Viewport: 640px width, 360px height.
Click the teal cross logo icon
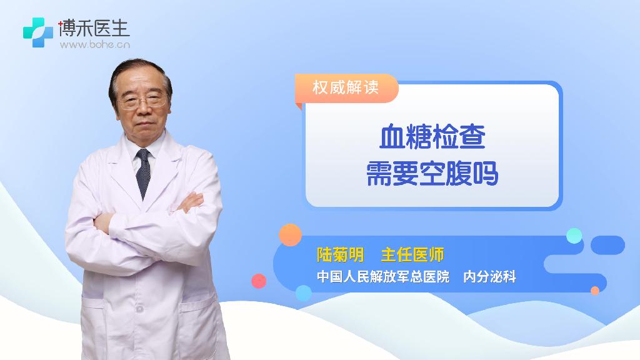tap(38, 32)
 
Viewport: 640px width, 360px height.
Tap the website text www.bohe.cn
tap(95, 44)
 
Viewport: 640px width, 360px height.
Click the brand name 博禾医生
tap(94, 27)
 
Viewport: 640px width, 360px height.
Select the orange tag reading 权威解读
tap(346, 87)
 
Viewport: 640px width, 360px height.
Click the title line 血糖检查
tap(432, 137)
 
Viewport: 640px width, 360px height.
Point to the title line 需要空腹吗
tap(432, 174)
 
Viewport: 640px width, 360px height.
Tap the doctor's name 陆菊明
tap(340, 255)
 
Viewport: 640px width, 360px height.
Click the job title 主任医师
tap(412, 255)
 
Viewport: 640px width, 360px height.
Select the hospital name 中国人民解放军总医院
tap(383, 277)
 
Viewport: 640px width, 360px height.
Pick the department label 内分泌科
tap(489, 277)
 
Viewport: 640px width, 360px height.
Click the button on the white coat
tap(139, 309)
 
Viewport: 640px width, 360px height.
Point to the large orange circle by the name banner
tap(290, 235)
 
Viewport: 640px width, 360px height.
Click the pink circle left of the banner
tap(259, 281)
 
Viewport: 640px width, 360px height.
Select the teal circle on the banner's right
tap(574, 236)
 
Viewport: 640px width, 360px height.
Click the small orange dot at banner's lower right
tap(595, 291)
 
